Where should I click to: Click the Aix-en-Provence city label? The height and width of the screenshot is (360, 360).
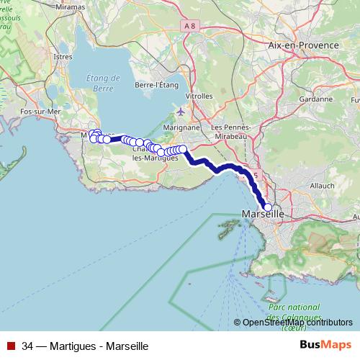(x=302, y=45)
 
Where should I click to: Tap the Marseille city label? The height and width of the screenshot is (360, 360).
(x=262, y=215)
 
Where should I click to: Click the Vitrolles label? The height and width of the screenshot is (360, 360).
(x=199, y=96)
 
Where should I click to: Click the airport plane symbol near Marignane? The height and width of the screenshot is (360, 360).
(x=180, y=112)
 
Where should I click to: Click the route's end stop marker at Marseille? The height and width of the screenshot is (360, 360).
(x=268, y=207)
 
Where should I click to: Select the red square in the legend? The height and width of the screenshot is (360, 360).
(x=11, y=346)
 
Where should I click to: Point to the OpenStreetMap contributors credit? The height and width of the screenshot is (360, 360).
(x=297, y=323)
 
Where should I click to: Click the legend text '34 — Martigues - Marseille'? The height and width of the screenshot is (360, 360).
(x=85, y=346)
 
